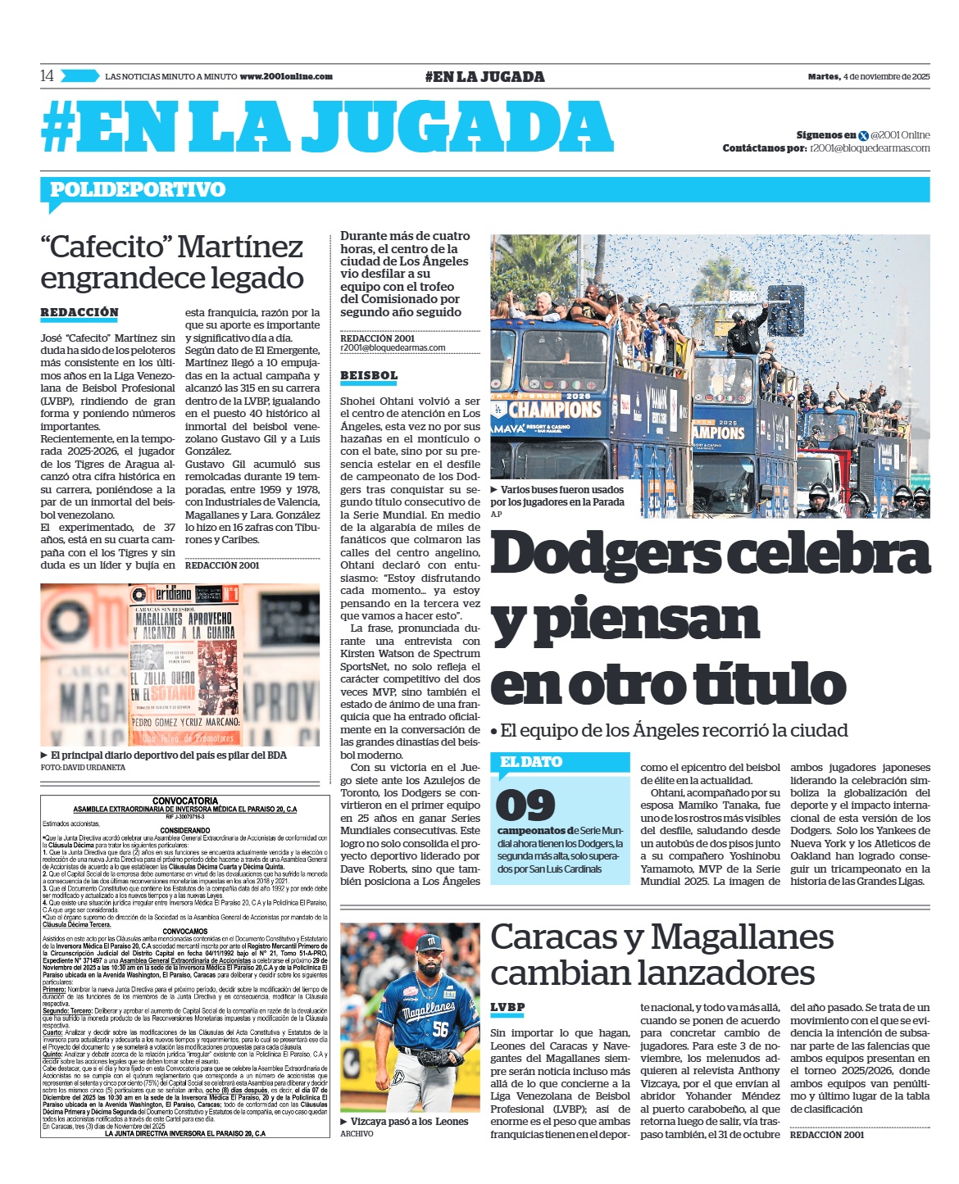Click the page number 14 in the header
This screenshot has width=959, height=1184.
coord(47,76)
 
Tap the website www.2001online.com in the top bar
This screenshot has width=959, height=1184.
coord(286,76)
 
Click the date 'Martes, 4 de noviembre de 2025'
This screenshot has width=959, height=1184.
coord(868,77)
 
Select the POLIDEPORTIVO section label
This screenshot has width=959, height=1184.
coord(138,190)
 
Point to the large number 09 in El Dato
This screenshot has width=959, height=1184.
coord(525,805)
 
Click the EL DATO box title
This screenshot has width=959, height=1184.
coord(531,762)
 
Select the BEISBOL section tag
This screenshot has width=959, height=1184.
coord(369,376)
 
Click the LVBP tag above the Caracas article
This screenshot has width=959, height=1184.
coord(507,1008)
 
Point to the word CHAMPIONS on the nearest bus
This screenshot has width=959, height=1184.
coord(555,408)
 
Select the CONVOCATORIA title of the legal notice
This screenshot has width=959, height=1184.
coord(185,801)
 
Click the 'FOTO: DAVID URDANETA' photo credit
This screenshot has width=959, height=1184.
coord(83,768)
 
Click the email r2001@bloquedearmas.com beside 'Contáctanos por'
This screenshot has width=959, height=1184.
coord(870,148)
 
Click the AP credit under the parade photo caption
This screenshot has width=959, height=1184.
coord(496,514)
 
